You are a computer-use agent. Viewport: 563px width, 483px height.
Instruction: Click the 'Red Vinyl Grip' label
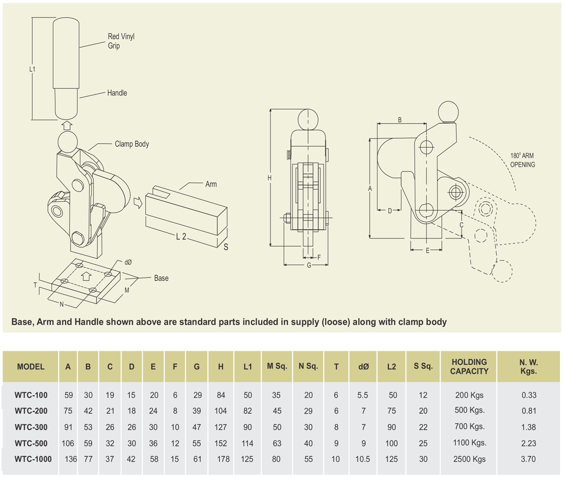[x=121, y=41]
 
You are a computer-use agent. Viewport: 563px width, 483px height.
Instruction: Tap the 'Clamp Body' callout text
[x=132, y=144]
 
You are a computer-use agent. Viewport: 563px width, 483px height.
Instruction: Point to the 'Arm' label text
[x=211, y=184]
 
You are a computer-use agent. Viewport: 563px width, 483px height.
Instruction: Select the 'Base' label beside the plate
[x=161, y=278]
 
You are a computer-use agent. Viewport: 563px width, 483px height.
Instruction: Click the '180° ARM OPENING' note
[x=523, y=160]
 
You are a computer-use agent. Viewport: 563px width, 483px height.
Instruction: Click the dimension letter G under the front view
[x=309, y=266]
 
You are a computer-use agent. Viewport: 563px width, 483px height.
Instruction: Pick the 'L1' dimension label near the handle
[x=32, y=70]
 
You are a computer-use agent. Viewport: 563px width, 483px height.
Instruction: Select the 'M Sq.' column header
[x=277, y=367]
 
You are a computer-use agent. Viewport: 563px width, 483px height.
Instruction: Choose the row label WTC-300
[x=31, y=427]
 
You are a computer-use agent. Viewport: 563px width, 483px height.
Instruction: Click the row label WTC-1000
[x=33, y=459]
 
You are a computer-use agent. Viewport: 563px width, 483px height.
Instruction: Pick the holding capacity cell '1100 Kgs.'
[x=470, y=443]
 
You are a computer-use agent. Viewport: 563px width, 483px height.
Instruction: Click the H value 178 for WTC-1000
[x=223, y=459]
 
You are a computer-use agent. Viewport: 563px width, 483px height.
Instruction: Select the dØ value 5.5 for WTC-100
[x=363, y=396]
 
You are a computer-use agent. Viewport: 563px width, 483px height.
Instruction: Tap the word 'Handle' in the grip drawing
[x=117, y=93]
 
